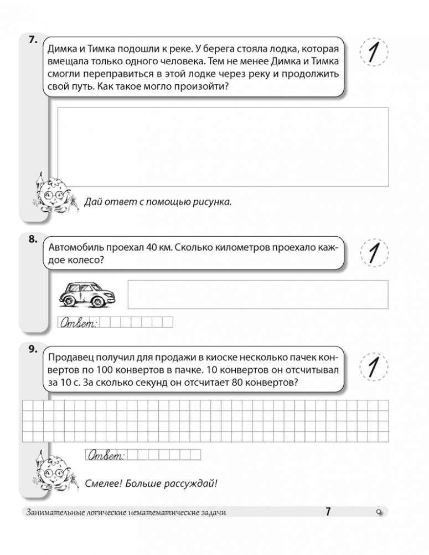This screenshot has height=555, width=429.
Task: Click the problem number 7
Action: pos(32,40)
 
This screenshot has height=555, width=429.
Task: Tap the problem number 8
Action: pos(32,240)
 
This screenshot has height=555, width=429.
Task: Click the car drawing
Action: pos(87,294)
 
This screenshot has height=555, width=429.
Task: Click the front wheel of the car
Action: pos(99,302)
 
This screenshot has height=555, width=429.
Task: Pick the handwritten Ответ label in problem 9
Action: pos(106,456)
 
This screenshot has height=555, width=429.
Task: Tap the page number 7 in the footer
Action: pos(328,512)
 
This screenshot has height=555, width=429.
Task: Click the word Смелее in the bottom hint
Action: pos(104,483)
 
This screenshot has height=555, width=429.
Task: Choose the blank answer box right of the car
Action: pos(258,294)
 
